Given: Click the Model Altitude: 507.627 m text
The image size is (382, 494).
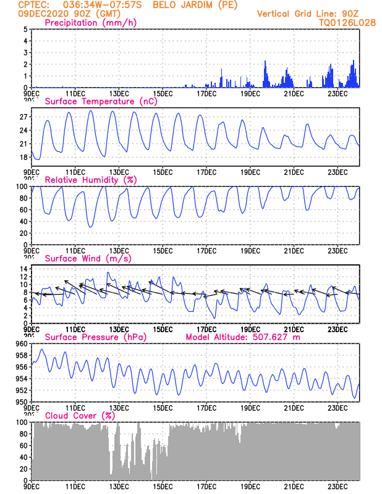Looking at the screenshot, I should point(247,337).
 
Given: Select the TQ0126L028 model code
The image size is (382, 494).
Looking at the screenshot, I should point(347,23).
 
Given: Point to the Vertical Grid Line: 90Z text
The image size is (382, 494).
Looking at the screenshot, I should point(308,14).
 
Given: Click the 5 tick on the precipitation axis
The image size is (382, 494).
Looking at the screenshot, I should point(25,29).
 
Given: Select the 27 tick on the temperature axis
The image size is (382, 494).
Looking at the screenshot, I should point(23,116).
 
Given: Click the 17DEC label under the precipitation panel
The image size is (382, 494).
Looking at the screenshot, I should point(206,93).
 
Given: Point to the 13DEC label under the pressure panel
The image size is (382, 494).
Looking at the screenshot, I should point(119,408).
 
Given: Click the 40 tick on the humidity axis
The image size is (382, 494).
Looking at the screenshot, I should point(23,221).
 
